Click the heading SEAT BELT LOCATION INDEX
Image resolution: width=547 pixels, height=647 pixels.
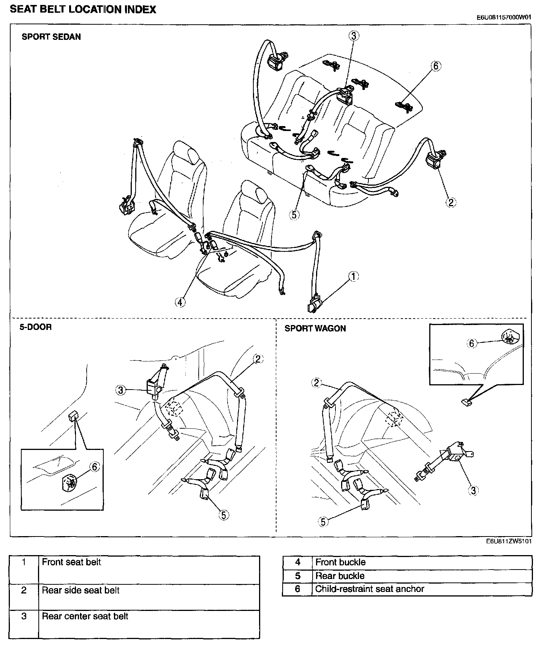(x=83, y=9)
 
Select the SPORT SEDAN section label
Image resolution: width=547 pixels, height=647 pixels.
(x=51, y=37)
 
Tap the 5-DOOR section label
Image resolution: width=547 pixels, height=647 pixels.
(x=36, y=327)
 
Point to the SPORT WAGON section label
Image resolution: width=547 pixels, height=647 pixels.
(x=315, y=328)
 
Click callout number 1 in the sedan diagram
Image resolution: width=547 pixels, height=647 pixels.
(x=353, y=276)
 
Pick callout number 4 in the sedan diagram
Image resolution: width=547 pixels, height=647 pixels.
(x=180, y=302)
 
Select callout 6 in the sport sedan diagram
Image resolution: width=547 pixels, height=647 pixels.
(x=436, y=66)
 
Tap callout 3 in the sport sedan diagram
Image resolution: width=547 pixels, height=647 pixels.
(x=354, y=36)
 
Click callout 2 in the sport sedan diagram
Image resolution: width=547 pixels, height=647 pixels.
(x=451, y=202)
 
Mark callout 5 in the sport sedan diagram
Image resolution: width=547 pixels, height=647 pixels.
(x=294, y=215)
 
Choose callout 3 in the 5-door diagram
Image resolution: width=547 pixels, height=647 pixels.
(x=120, y=390)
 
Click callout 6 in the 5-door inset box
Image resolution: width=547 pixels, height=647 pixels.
(x=94, y=467)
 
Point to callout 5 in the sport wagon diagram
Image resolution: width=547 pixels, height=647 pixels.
(x=323, y=522)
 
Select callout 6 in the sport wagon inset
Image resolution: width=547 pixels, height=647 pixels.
(x=471, y=343)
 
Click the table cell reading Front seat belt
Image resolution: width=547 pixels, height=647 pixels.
(x=71, y=562)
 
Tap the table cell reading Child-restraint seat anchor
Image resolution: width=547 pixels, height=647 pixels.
(x=370, y=589)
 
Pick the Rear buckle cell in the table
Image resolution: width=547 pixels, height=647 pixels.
(x=340, y=576)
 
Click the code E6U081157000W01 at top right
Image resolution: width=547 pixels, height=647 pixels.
(x=504, y=17)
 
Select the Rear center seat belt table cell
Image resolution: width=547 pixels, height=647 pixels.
(x=85, y=616)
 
